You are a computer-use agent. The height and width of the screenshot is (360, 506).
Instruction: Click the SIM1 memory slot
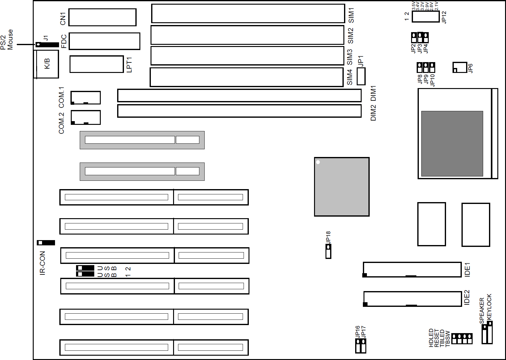click(x=248, y=14)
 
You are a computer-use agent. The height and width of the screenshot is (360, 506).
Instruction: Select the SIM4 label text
click(x=350, y=77)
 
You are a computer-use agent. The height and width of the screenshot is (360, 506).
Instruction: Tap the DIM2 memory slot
click(x=239, y=111)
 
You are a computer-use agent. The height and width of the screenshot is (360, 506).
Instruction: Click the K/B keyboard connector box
click(x=47, y=64)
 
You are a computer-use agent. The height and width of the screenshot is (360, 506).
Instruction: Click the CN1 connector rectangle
click(x=102, y=17)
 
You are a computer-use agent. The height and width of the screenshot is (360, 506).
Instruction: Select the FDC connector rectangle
click(x=104, y=41)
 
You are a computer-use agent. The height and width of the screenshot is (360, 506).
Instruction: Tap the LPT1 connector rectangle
click(x=97, y=64)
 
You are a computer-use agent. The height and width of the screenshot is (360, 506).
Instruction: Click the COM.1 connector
click(x=86, y=98)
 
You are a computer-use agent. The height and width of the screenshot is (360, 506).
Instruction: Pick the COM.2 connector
click(x=86, y=117)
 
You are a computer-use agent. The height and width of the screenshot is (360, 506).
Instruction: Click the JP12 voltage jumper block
click(x=426, y=17)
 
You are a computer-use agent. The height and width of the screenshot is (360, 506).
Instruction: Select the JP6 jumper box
click(x=460, y=67)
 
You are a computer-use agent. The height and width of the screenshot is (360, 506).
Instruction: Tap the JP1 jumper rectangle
click(x=361, y=76)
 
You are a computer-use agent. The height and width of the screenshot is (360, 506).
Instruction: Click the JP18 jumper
click(x=328, y=251)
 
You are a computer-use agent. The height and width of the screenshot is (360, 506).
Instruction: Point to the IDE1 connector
click(x=412, y=269)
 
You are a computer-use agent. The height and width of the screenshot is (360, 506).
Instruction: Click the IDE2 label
click(x=467, y=298)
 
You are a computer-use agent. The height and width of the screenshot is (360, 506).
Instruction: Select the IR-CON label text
click(x=43, y=263)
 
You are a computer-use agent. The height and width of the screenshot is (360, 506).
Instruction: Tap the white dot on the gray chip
click(x=318, y=162)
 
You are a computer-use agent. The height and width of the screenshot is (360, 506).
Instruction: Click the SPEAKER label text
click(x=482, y=310)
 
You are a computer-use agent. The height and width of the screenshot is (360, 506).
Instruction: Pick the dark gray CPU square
click(x=452, y=144)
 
